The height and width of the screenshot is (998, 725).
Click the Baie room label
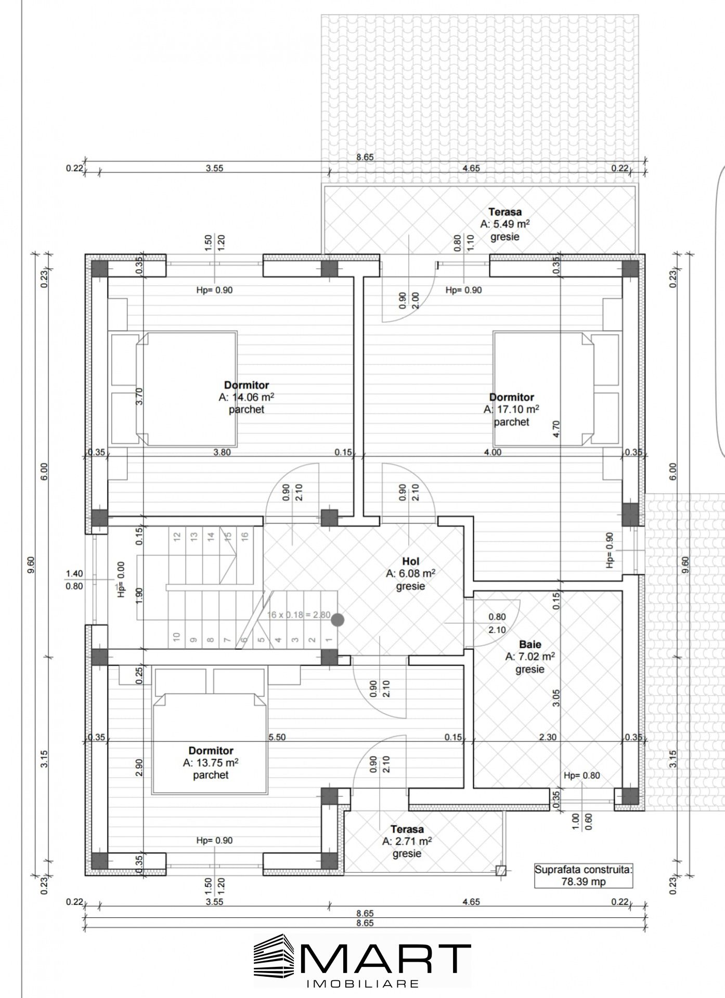point(530,645)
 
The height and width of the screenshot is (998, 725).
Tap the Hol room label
point(410,561)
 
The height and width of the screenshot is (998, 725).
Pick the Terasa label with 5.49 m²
point(504,212)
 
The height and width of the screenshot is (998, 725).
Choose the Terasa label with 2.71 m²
point(407,829)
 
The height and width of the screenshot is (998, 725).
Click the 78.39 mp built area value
point(584,882)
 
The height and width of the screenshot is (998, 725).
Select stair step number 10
point(177,637)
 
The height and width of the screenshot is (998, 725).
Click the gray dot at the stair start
point(338,619)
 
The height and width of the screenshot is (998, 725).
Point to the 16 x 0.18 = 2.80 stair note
point(299,614)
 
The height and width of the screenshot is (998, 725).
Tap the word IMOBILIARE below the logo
point(363,984)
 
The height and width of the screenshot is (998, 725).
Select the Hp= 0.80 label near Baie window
point(581,776)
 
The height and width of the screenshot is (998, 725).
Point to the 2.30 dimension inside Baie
point(547,737)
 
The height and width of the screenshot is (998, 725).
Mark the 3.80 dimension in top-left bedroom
point(222,452)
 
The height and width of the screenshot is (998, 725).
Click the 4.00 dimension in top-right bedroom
point(493,452)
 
